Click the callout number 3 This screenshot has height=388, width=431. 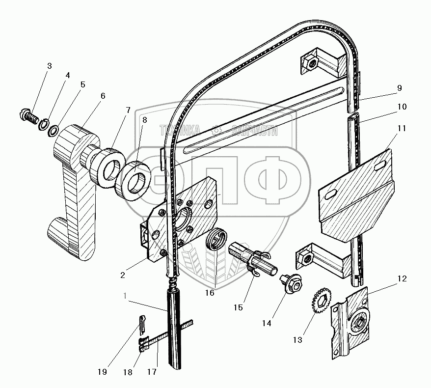click(x=49, y=66)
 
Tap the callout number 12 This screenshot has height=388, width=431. click(x=402, y=279)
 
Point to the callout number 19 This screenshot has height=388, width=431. click(x=102, y=372)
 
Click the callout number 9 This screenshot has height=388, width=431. click(x=399, y=88)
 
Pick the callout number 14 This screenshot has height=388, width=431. click(x=267, y=324)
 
